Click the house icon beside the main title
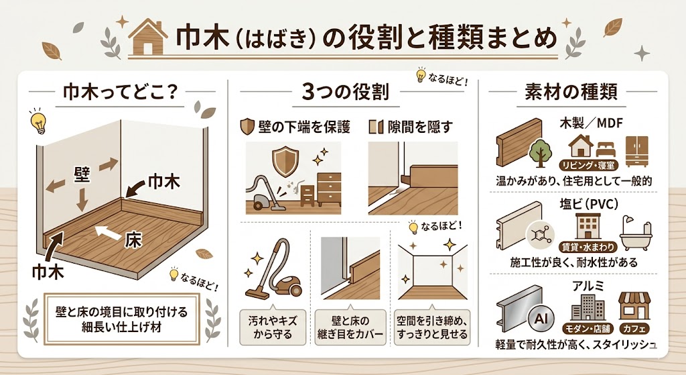coord(147,38)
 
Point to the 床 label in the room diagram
coord(133,239)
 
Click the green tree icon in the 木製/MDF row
coord(539,154)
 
